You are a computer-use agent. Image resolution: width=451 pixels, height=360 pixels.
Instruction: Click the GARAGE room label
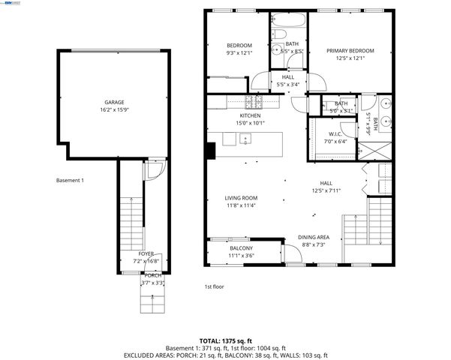tap(114, 102)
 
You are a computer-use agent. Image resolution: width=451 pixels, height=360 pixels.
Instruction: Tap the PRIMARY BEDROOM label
tap(350, 51)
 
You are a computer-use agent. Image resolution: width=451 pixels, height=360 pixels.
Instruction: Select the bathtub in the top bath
tap(289, 18)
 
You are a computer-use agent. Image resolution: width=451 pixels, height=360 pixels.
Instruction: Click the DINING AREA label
tap(314, 236)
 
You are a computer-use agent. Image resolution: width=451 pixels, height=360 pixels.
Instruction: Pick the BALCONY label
tap(241, 248)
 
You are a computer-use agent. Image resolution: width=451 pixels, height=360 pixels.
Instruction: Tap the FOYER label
tap(146, 254)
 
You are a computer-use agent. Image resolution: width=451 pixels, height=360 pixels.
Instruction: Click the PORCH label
tap(152, 275)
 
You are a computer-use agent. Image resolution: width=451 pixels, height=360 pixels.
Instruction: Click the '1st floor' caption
tap(215, 286)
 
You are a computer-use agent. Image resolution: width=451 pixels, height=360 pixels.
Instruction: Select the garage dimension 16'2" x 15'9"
tap(114, 109)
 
